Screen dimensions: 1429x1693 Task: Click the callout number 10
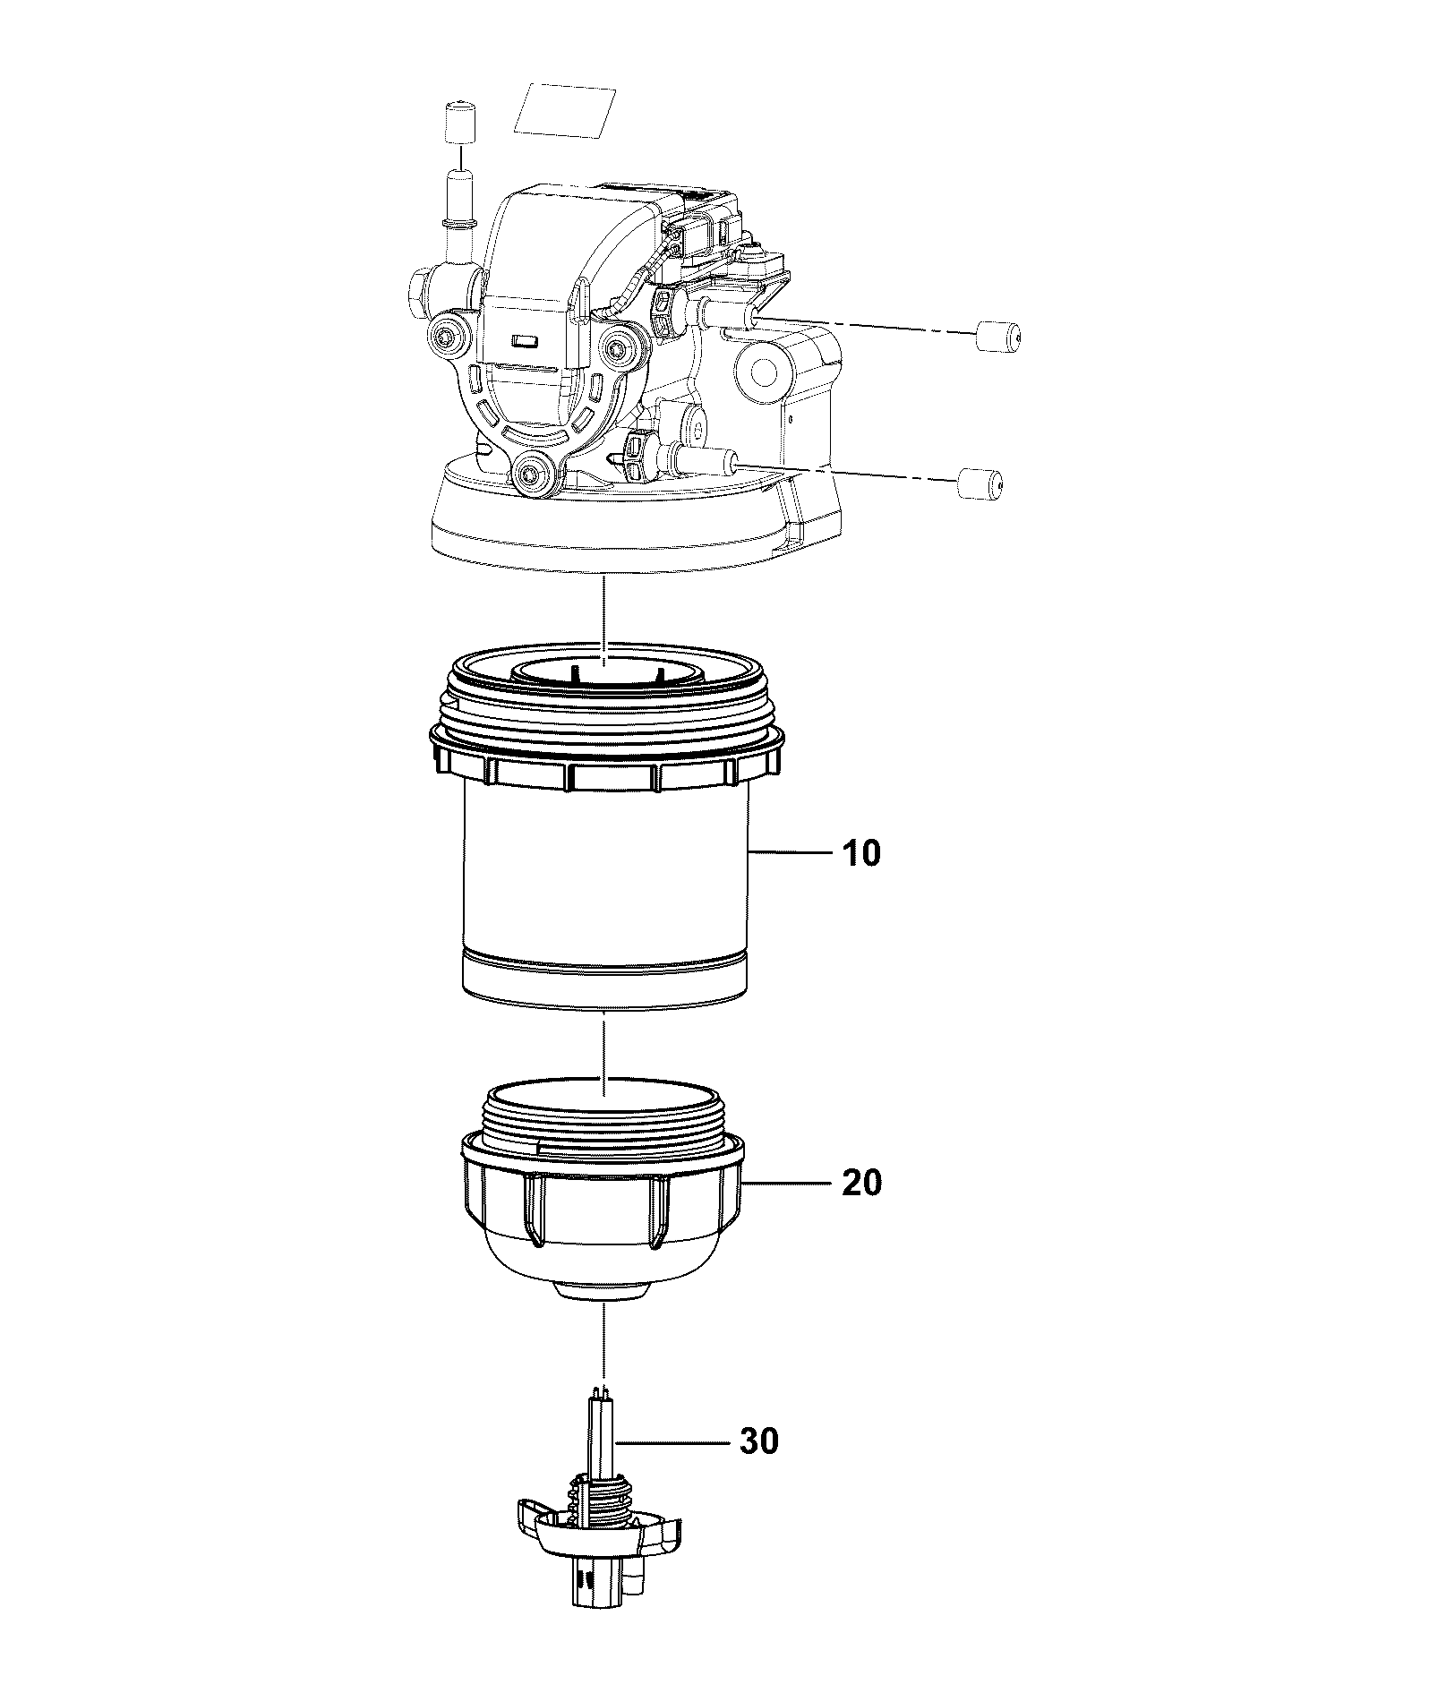pos(861,853)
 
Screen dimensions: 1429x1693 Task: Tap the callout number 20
pos(861,1183)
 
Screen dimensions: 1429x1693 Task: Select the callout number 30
pos(759,1441)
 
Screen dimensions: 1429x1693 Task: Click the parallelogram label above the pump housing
pos(570,110)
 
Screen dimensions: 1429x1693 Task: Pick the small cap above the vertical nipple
pos(459,122)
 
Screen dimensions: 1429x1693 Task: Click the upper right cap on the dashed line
pos(997,337)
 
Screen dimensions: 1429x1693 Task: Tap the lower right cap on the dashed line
pos(980,483)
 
